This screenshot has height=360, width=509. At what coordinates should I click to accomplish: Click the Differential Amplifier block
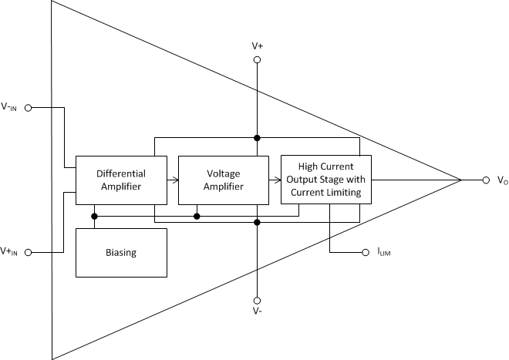121,180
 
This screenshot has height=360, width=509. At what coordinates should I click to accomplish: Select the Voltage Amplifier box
224,180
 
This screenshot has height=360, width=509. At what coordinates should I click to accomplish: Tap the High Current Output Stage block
325,179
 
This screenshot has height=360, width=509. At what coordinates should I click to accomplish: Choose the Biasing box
121,252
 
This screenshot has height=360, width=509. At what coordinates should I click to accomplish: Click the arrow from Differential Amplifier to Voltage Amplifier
173,180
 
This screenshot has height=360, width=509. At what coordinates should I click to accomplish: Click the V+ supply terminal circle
257,59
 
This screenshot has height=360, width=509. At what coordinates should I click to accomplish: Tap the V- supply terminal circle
257,301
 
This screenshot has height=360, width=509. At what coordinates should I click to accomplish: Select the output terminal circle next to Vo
486,180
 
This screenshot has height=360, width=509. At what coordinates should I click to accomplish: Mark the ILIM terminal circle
366,252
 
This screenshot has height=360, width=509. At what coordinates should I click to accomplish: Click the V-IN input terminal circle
29,108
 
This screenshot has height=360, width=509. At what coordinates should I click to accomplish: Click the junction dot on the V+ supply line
257,138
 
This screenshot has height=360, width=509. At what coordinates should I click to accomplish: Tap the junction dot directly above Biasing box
94,216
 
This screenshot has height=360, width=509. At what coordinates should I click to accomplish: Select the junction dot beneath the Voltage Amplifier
197,216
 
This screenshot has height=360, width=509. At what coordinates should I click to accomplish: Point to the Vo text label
501,180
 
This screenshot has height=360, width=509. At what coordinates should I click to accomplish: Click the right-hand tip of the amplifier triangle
461,180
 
